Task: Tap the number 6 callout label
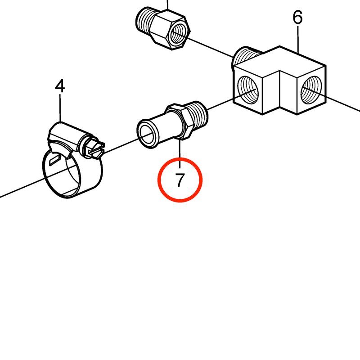(297, 17)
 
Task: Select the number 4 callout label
(60, 86)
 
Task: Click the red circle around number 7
(180, 158)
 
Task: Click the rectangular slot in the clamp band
(54, 160)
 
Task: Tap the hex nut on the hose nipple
(179, 121)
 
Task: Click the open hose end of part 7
(147, 133)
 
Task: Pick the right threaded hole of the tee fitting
(311, 90)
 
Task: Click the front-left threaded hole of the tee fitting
(247, 90)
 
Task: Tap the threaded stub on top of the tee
(246, 56)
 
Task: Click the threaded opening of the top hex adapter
(179, 35)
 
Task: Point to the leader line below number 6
(298, 40)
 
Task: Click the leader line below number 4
(60, 108)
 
